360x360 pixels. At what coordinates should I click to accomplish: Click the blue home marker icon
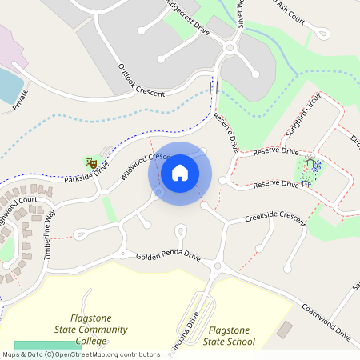(180, 173)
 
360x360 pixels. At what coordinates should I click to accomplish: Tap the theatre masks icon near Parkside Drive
(92, 162)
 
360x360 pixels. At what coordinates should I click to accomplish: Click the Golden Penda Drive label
(168, 258)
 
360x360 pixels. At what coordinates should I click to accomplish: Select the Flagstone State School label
(231, 336)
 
